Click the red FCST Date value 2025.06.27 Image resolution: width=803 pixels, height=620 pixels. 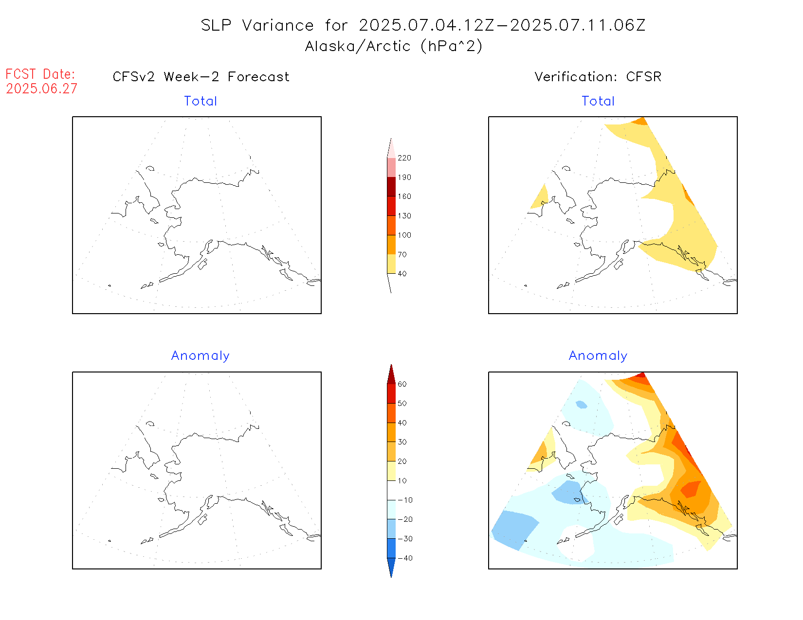click(x=41, y=89)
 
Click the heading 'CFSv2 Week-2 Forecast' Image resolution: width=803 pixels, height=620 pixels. click(x=201, y=77)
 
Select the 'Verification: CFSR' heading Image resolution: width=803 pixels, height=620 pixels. click(x=598, y=77)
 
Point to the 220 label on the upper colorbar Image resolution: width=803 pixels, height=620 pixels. click(x=404, y=158)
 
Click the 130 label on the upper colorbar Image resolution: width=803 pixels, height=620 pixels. click(x=404, y=216)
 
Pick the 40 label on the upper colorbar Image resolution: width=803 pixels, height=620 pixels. click(x=402, y=274)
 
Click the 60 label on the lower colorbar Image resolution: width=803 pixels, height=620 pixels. click(x=402, y=384)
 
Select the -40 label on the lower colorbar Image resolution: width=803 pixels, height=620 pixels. click(x=405, y=558)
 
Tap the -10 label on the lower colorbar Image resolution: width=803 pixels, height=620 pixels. click(x=405, y=500)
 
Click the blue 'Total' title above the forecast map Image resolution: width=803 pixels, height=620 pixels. click(x=200, y=101)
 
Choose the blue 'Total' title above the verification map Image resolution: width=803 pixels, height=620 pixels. click(x=598, y=101)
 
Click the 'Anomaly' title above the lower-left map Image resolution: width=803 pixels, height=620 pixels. click(x=200, y=356)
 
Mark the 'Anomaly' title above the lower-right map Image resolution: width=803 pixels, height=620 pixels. click(x=598, y=356)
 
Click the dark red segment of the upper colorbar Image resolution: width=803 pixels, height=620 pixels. click(x=391, y=187)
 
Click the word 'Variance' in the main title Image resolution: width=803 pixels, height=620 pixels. click(x=278, y=25)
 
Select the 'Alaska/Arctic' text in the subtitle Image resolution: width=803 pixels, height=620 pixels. click(x=358, y=46)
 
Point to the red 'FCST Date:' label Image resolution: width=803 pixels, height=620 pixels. click(x=40, y=74)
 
